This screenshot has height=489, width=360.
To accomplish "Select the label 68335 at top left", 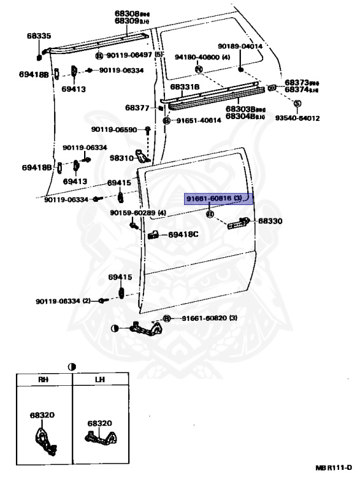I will pyautogui.click(x=38, y=36).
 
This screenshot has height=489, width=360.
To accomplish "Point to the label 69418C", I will pyautogui.click(x=184, y=234).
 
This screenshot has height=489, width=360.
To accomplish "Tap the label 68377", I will pyautogui.click(x=137, y=108).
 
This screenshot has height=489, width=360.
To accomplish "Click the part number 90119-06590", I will pyautogui.click(x=113, y=130).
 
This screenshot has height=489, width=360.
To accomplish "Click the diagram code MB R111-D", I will pyautogui.click(x=333, y=468).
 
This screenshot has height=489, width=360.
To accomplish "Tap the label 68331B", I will pyautogui.click(x=185, y=87).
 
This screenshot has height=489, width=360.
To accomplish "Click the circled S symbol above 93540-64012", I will pyautogui.click(x=297, y=103).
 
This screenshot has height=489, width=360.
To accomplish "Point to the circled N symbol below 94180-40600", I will pyautogui.click(x=198, y=69).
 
